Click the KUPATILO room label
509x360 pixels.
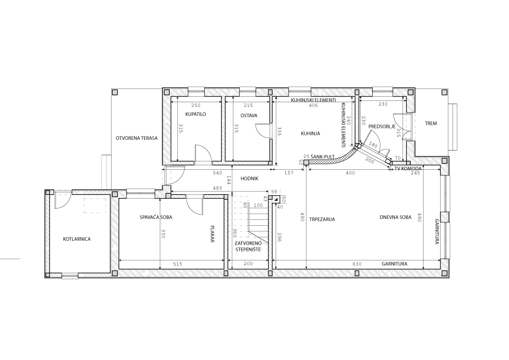[195, 114]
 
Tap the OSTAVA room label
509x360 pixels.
[249, 115]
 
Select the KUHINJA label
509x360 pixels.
[310, 133]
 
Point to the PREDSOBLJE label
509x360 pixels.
[382, 127]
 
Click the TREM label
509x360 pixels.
[431, 124]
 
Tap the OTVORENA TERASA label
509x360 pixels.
[137, 138]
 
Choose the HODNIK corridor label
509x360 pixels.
[249, 179]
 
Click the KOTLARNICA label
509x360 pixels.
[76, 239]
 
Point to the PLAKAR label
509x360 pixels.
[212, 234]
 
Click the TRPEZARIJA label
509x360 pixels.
[322, 219]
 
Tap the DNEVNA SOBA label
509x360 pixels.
[395, 218]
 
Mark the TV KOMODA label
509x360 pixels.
[408, 169]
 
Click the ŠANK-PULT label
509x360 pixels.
[323, 157]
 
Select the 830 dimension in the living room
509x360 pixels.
[357, 264]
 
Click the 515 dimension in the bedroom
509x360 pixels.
[177, 264]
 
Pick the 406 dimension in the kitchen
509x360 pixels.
[313, 106]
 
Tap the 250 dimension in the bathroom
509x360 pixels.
[196, 106]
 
